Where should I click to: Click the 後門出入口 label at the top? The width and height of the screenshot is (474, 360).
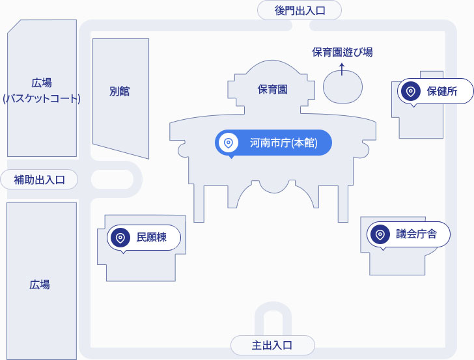click(x=300, y=10)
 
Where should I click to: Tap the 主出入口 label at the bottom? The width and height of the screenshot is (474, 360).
click(x=272, y=345)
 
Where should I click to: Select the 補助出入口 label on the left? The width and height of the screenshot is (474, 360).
click(x=39, y=180)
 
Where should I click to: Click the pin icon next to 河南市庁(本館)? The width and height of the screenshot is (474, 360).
click(x=229, y=143)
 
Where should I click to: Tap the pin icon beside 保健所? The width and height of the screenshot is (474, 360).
click(x=411, y=92)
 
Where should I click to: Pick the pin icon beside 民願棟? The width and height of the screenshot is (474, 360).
click(x=120, y=238)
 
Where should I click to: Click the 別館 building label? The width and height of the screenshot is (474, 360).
click(x=120, y=91)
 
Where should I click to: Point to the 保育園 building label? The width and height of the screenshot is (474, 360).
click(x=272, y=89)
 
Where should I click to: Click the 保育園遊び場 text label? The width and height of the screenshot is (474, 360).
click(x=342, y=52)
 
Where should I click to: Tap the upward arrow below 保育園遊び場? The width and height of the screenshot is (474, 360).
click(x=342, y=68)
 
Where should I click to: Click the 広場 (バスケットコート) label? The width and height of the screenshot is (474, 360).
click(x=42, y=91)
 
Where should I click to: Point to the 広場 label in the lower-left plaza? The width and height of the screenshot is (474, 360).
click(x=40, y=284)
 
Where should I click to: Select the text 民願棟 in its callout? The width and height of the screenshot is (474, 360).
click(x=152, y=238)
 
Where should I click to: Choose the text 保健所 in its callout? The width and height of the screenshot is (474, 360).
click(x=442, y=92)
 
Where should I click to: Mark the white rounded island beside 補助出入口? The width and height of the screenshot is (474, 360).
click(x=112, y=179)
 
